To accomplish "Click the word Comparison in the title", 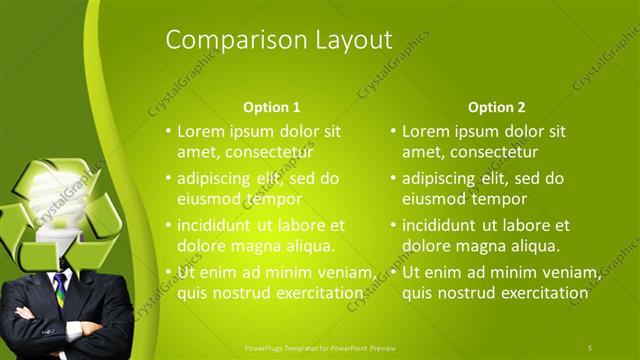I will click(x=223, y=40).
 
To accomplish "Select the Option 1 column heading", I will click(x=271, y=107).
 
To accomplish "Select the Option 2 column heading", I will click(x=496, y=107).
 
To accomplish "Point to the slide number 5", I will click(x=590, y=347).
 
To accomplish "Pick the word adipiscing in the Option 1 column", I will click(x=214, y=179).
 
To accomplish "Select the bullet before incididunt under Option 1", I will click(x=168, y=226).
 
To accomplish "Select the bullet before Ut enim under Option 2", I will click(x=393, y=273).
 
